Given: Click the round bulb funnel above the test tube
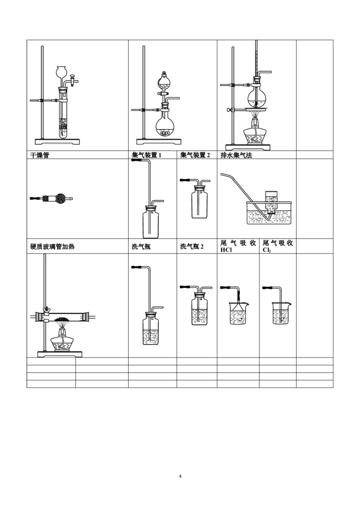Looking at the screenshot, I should point(62,72).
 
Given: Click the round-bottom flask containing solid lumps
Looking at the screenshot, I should point(165,126).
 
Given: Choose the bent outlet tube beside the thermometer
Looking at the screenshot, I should point(265,72).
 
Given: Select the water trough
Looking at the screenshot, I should point(268,215).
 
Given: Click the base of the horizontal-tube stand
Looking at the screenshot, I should point(59,355).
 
